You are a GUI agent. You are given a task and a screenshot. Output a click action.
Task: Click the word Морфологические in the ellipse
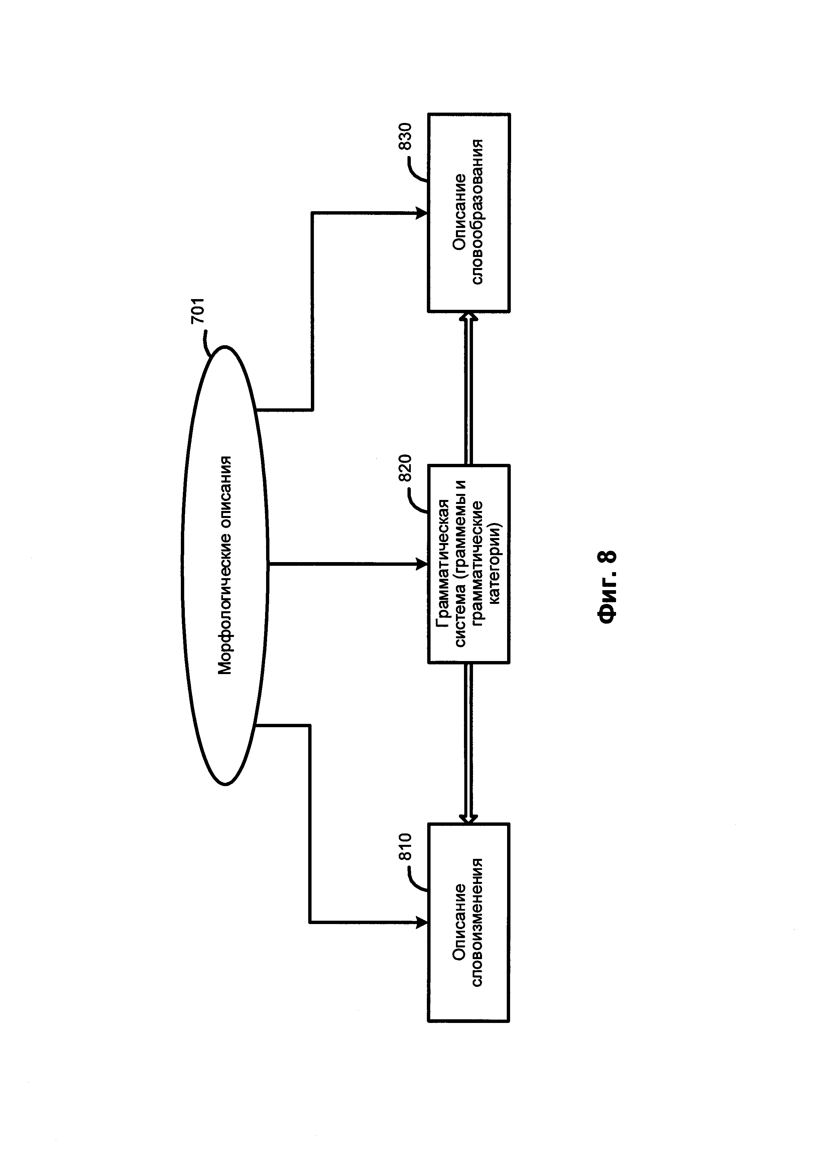click(x=225, y=609)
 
